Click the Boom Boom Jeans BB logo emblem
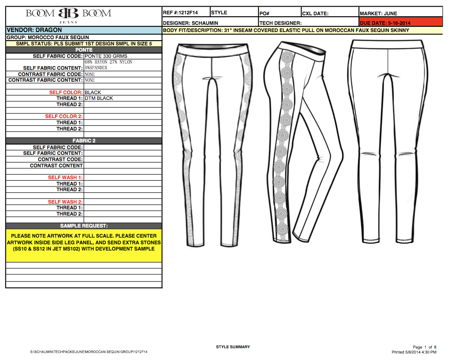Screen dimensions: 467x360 (68, 13)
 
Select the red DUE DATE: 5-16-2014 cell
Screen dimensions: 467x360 (400, 22)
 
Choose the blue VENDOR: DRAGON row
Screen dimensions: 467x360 (84, 30)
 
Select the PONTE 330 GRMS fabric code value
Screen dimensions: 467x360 (106, 56)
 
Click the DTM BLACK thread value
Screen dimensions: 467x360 (99, 98)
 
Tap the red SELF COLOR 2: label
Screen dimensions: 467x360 (64, 116)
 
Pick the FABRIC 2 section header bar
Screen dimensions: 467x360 (84, 141)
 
